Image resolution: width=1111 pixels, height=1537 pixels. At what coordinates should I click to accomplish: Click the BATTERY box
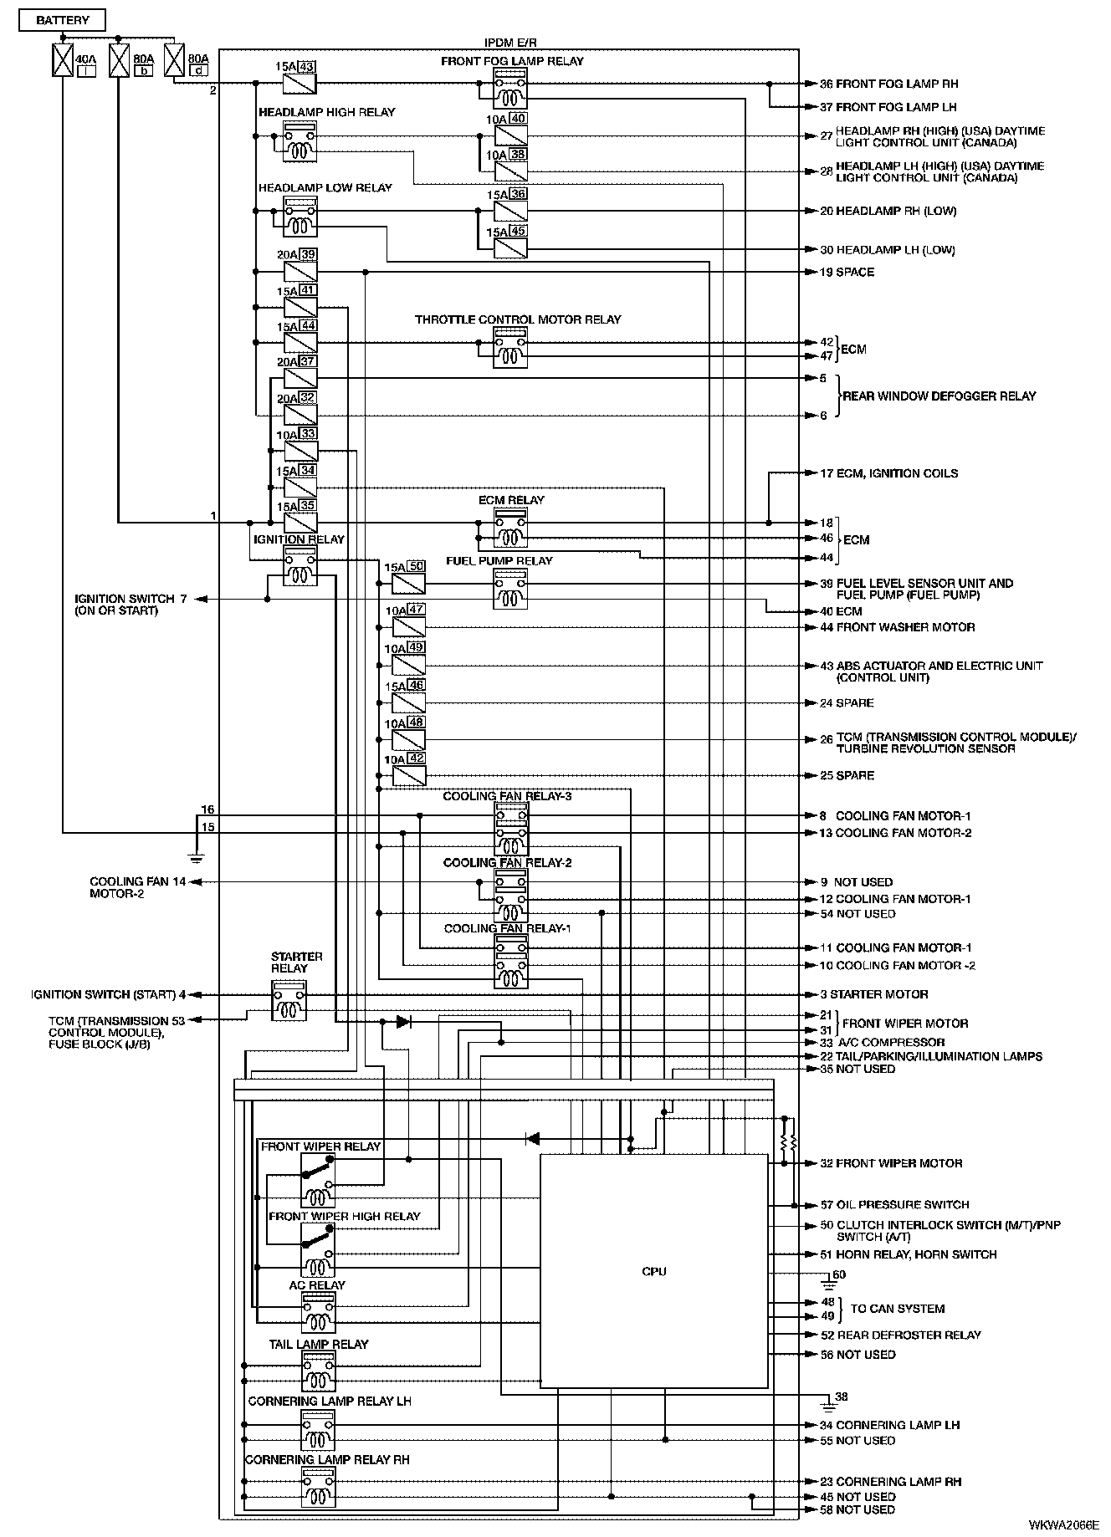click(x=63, y=20)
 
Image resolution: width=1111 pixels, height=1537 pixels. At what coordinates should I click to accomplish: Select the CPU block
click(x=653, y=1271)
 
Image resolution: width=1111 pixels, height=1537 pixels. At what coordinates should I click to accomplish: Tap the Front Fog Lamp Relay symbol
click(x=509, y=89)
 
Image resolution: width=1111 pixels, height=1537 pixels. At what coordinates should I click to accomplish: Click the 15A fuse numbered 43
click(x=300, y=84)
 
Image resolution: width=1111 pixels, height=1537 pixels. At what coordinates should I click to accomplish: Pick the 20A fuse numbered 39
click(x=300, y=272)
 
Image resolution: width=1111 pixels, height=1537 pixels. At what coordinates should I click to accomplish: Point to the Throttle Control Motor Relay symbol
click(x=509, y=348)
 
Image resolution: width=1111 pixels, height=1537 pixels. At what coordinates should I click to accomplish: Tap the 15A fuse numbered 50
click(x=408, y=584)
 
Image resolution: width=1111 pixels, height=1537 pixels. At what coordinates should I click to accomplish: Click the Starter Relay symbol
click(x=289, y=1001)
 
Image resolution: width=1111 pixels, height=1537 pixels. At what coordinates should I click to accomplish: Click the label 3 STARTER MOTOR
click(x=873, y=994)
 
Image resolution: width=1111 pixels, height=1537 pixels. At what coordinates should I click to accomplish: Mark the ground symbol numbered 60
click(x=830, y=1279)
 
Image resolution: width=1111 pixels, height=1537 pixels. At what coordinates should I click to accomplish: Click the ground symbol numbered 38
click(x=830, y=1399)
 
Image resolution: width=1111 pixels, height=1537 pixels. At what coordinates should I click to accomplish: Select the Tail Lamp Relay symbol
click(x=318, y=1371)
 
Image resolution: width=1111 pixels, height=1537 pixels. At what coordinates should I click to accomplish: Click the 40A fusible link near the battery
click(x=63, y=60)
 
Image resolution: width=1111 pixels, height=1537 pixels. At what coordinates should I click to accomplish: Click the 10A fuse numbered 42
click(x=408, y=775)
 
